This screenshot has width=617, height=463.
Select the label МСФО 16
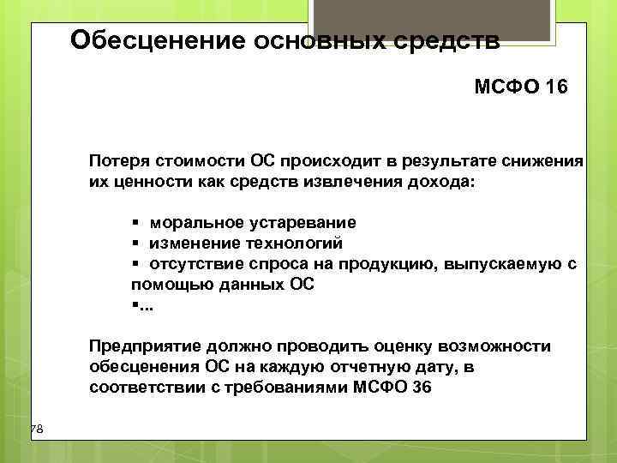pyautogui.click(x=520, y=87)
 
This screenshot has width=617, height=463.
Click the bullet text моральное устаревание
pyautogui.click(x=253, y=223)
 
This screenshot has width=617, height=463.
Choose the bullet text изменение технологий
pyautogui.click(x=246, y=244)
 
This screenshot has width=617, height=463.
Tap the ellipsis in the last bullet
pyautogui.click(x=143, y=306)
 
